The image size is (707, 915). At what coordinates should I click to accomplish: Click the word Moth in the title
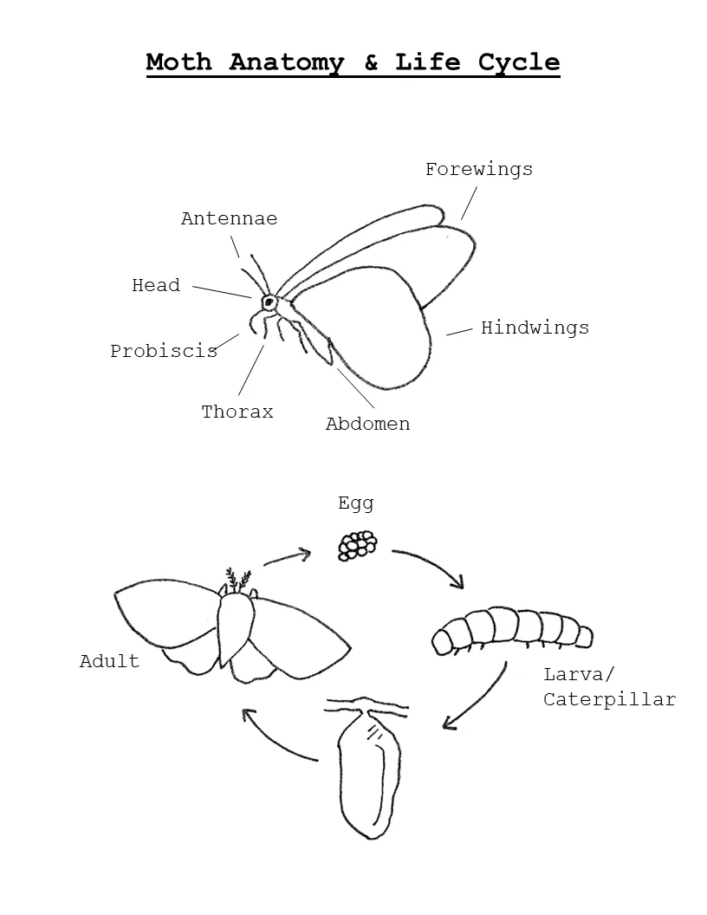click(178, 62)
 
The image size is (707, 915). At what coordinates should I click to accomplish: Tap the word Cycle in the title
click(519, 62)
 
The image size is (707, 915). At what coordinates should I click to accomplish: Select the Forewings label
click(479, 169)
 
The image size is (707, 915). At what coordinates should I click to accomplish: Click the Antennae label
click(230, 218)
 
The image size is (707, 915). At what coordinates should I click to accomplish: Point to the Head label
click(156, 285)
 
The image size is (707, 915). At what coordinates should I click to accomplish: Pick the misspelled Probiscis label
click(164, 351)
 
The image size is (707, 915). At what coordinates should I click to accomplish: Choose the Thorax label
click(237, 412)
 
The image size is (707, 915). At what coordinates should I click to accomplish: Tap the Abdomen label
click(367, 423)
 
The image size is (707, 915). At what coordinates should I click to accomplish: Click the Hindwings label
click(535, 328)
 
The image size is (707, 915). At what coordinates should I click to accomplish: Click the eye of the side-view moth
click(269, 302)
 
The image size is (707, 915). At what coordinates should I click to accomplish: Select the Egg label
click(356, 503)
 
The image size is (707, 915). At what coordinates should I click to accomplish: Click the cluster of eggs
click(358, 546)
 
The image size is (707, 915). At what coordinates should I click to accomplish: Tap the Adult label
click(110, 660)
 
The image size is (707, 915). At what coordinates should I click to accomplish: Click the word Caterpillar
click(610, 699)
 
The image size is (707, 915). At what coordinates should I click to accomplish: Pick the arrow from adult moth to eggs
click(287, 556)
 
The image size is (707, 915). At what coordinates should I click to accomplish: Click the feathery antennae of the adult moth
click(238, 581)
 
